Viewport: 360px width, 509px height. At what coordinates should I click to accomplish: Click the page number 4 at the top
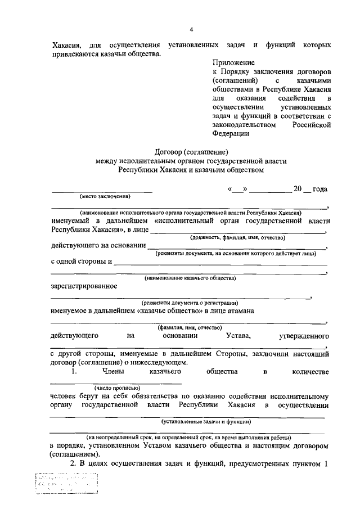pos(191,29)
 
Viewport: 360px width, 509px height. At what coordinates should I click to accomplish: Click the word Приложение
pos(233,63)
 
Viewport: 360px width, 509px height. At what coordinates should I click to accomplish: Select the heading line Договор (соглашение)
pos(191,151)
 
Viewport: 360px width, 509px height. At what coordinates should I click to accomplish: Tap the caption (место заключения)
pos(105,197)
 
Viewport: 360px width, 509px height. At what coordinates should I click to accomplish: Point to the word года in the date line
pos(319,189)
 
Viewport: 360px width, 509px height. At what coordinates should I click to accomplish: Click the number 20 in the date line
pos(298,189)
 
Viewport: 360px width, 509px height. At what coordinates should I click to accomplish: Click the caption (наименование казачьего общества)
pos(190,278)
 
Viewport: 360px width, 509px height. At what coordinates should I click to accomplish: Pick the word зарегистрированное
pos(84,286)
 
